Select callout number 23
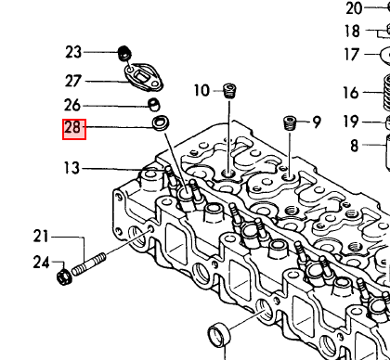click(x=73, y=52)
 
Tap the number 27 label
click(x=73, y=81)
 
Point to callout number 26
click(x=72, y=105)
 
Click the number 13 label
click(x=71, y=168)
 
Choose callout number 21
click(x=41, y=237)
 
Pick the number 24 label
click(x=42, y=263)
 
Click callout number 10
click(x=201, y=90)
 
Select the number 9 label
click(x=317, y=122)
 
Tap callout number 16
click(x=351, y=93)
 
